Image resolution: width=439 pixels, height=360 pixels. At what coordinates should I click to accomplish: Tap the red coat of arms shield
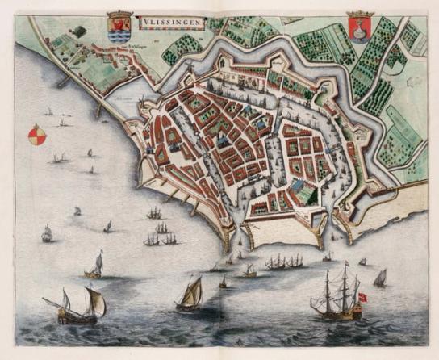[x=358, y=30]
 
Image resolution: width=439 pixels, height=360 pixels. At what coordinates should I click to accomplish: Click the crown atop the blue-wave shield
[x=119, y=14]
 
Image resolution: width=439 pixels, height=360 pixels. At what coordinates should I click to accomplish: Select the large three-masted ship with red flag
[x=337, y=296]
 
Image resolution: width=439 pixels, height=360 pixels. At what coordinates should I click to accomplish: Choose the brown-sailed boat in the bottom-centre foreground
[x=190, y=294]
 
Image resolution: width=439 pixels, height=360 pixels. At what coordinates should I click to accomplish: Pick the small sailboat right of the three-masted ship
[x=379, y=278]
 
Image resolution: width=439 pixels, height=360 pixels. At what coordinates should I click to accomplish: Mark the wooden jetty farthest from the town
[x=63, y=81]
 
